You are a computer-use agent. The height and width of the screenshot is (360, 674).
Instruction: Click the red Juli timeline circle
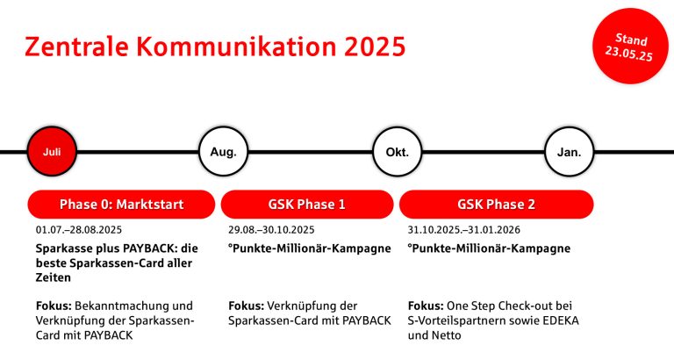coord(52,151)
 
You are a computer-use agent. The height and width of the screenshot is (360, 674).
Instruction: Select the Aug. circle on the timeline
coord(224,151)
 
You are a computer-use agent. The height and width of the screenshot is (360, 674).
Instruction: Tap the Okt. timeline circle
coord(398,151)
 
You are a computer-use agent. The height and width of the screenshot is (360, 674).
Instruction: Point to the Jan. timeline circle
coord(569,151)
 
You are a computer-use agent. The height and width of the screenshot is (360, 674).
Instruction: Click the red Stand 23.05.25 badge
coord(629,46)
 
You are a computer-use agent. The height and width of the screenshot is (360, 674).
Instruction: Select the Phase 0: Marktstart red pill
coord(121,205)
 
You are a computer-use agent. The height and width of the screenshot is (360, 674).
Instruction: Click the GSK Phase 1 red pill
coord(307,205)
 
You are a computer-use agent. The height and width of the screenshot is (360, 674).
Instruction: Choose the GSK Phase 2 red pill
coord(497,205)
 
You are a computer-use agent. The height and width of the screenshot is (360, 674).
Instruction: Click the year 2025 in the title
coord(375,47)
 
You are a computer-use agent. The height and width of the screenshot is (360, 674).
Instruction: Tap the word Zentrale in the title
coord(76,47)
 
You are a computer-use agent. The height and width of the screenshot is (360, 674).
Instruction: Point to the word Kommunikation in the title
coord(236,47)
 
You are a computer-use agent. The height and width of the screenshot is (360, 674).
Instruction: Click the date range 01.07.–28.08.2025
coord(79,230)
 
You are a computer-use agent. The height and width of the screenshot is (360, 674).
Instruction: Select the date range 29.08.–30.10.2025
coord(271,230)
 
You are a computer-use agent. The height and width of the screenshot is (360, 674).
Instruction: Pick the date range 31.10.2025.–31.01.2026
coord(463,230)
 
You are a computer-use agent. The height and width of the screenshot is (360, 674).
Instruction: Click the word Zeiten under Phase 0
coord(54,277)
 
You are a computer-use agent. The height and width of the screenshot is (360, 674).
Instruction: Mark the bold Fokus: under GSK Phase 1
coord(246,306)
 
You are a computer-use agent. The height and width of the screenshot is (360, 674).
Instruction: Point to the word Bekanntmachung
coord(122,306)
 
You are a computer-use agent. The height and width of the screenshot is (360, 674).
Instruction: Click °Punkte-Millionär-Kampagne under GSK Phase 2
coord(489,248)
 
